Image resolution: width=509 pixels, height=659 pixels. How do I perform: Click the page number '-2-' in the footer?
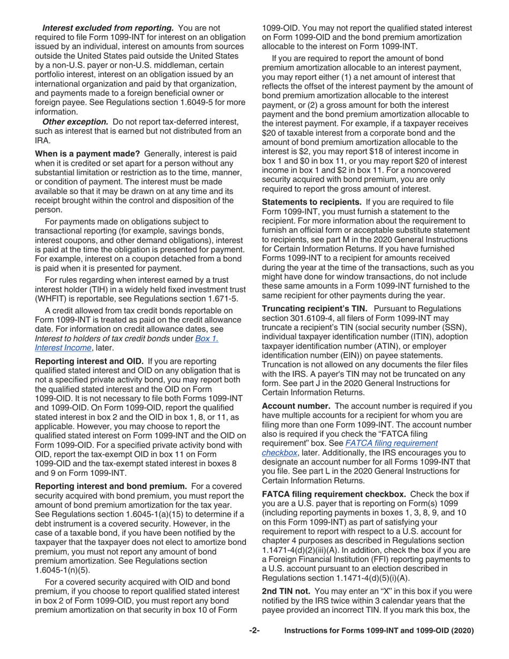[x=254, y=631]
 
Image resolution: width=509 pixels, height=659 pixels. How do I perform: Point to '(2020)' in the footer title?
[x=462, y=631]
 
